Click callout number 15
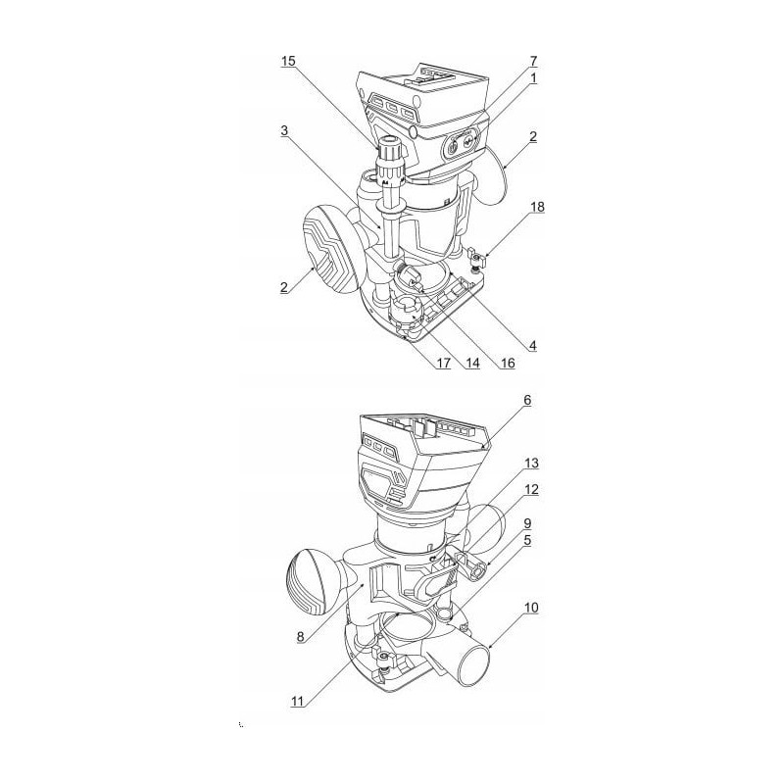288,61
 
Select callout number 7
533,61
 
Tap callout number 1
533,78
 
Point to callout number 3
284,131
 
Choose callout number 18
537,207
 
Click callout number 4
533,346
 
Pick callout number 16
508,363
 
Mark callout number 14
472,363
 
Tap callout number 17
443,363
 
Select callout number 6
527,401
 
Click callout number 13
531,464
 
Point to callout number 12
531,489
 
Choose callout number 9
527,523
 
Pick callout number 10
531,608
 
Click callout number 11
298,702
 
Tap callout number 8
301,636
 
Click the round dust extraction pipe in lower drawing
471,661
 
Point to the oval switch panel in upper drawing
461,143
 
